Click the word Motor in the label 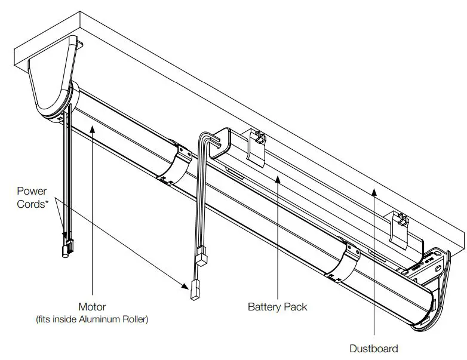92,307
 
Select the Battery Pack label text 278,307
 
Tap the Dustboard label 374,348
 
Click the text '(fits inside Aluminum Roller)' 92,319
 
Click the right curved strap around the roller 340,260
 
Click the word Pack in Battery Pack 296,307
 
